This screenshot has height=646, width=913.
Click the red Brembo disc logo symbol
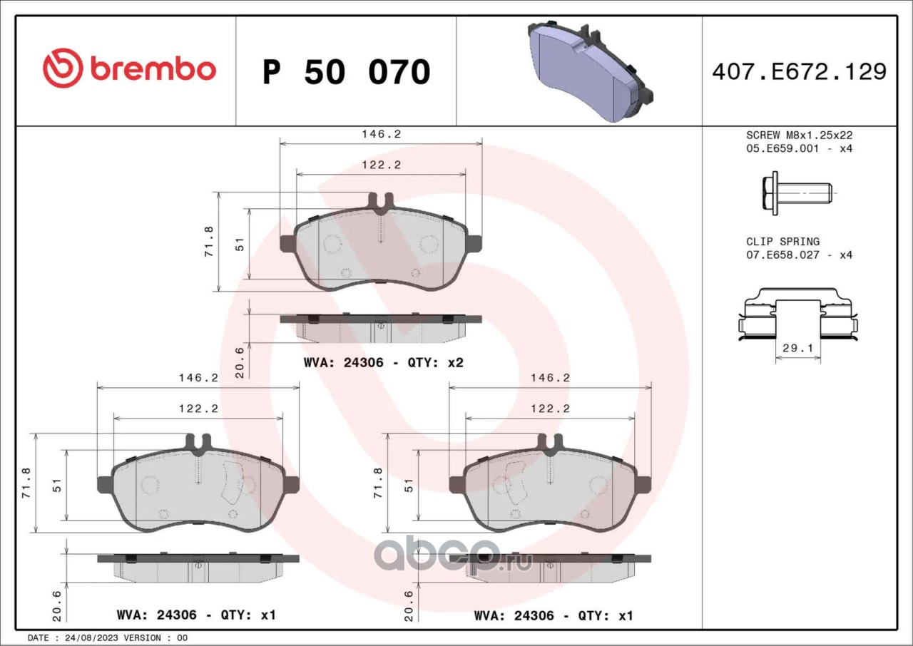63,68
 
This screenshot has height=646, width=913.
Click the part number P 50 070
347,72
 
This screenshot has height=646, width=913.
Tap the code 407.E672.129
800,72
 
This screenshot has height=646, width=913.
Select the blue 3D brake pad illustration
590,71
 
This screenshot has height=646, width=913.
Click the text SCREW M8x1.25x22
800,135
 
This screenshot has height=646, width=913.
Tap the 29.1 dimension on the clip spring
797,348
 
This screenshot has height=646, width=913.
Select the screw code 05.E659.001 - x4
800,148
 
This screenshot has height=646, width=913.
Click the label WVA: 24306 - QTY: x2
384,362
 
